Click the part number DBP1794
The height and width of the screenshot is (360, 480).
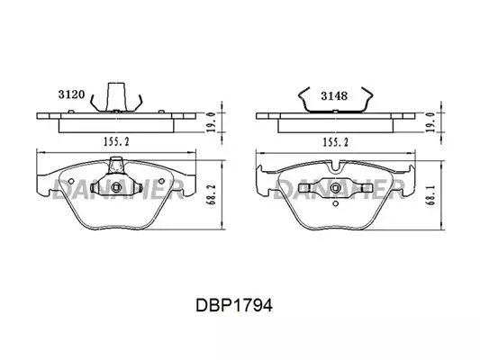pyautogui.click(x=234, y=305)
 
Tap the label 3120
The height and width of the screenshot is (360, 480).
pyautogui.click(x=71, y=94)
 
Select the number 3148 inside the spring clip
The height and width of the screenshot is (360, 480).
pyautogui.click(x=334, y=96)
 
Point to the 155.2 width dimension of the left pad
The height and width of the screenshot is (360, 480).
pyautogui.click(x=117, y=141)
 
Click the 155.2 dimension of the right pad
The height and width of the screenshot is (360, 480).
pyautogui.click(x=336, y=142)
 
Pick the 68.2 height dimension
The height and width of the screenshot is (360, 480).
pyautogui.click(x=213, y=194)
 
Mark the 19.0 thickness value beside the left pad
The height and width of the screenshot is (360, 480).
pyautogui.click(x=211, y=122)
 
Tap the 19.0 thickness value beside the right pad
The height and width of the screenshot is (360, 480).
pyautogui.click(x=430, y=122)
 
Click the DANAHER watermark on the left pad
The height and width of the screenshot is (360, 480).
pyautogui.click(x=119, y=189)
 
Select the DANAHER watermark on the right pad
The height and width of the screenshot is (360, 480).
pyautogui.click(x=339, y=189)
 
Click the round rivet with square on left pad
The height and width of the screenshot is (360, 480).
pyautogui.click(x=116, y=187)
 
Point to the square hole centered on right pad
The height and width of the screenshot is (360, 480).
pyautogui.click(x=336, y=188)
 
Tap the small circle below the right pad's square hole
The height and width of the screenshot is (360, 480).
pyautogui.click(x=336, y=203)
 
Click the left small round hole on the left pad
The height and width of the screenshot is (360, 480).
pyautogui.click(x=71, y=181)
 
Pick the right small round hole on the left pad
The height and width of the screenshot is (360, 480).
pyautogui.click(x=161, y=181)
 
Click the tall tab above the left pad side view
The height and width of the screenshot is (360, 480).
pyautogui.click(x=117, y=96)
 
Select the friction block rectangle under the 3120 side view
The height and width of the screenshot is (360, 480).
pyautogui.click(x=116, y=126)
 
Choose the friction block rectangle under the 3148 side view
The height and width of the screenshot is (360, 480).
pyautogui.click(x=335, y=126)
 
